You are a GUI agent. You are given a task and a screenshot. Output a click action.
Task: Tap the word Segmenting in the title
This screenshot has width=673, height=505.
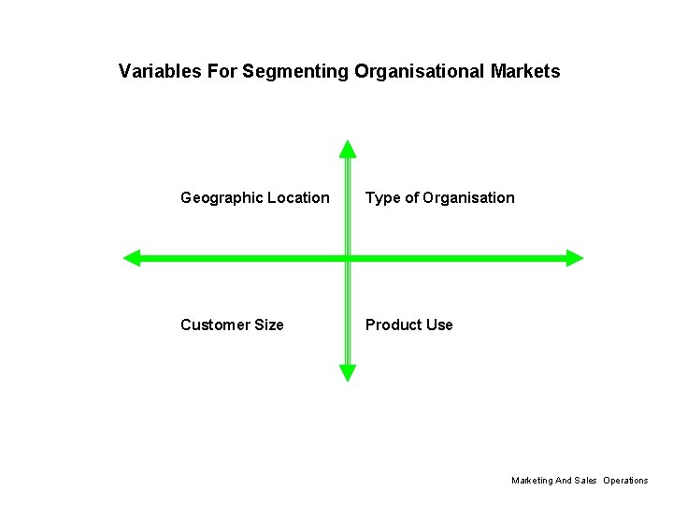click(295, 71)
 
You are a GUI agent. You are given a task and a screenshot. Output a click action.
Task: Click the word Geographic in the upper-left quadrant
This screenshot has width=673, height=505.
click(222, 198)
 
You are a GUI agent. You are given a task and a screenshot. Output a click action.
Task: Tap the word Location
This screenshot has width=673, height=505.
click(298, 198)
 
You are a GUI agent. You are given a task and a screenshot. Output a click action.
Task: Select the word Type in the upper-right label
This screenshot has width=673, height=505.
click(382, 198)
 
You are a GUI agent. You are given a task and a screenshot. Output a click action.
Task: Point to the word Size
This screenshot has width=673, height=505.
click(268, 325)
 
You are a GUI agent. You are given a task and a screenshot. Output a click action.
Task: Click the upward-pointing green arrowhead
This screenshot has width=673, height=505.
click(348, 149)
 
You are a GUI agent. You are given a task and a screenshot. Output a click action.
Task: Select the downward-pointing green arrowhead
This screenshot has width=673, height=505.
click(348, 372)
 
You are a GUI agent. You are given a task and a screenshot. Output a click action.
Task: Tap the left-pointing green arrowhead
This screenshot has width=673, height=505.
click(132, 257)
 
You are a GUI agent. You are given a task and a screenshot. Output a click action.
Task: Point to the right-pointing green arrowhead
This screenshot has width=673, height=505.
click(574, 257)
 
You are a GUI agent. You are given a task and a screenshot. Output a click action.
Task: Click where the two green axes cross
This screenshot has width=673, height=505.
click(348, 257)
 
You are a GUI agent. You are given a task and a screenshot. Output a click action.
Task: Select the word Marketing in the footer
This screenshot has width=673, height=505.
click(532, 481)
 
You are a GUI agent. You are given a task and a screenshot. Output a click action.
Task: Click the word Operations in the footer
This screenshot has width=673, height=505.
click(625, 481)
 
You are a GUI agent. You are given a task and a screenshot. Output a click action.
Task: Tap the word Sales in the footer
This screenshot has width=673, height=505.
click(585, 481)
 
